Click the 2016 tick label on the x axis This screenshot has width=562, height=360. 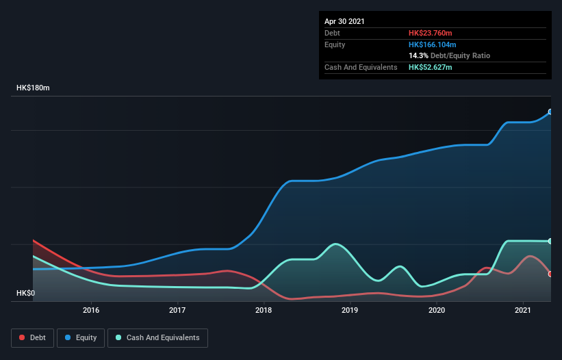coord(91,310)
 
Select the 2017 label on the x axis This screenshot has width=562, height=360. coord(177,310)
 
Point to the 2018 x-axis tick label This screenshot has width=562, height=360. coord(264,310)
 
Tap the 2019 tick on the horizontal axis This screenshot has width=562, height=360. coord(350,310)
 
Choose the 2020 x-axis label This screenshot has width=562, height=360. coord(437,310)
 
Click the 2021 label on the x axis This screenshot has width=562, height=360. coord(523,310)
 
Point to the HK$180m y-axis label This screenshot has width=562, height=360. coord(34,88)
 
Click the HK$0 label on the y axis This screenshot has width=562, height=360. coord(26,294)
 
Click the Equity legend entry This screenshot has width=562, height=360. coord(81,337)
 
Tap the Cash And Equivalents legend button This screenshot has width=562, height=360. coord(157,337)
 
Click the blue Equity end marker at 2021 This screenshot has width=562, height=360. coord(550,112)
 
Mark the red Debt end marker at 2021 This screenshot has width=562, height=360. coord(550,274)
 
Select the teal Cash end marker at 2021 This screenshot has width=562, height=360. coord(550,241)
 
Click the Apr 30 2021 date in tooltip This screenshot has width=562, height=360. coord(344,21)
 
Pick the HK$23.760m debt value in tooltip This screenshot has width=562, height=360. coord(431,33)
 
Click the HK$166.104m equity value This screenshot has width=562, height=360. coord(432,44)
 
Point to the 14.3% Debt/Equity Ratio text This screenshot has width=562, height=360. coord(449,55)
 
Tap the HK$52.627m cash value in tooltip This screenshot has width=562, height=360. coord(431,67)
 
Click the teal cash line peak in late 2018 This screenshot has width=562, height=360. coord(335,244)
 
